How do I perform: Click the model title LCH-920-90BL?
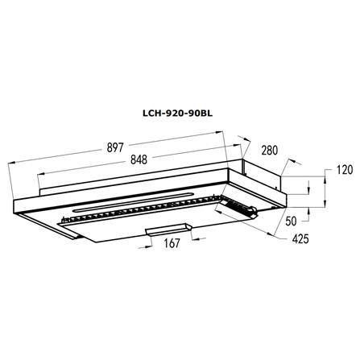pos(177,114)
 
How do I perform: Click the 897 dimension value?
pos(115,147)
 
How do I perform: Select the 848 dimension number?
pos(139,159)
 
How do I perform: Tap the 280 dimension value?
pos(269,151)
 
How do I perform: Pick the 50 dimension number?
pos(291,221)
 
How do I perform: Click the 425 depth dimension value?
pos(300,238)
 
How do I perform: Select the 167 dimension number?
pos(172,243)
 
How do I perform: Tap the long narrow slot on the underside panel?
pos(134,201)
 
